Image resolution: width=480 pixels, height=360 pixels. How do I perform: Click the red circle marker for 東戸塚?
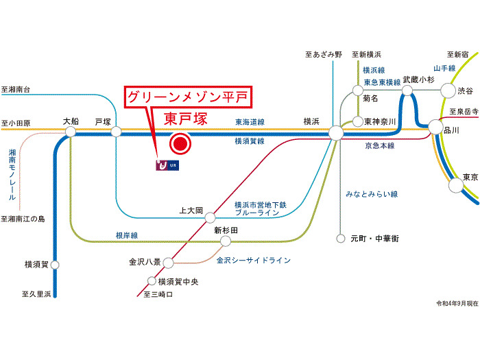pos(180,143)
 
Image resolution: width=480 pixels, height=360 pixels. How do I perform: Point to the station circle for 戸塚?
pos(116,131)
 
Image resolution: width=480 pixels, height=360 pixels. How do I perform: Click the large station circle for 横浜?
pos(336,133)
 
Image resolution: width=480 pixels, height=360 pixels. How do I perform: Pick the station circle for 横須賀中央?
pos(152,280)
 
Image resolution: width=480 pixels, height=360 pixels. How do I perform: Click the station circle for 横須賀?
pos(56,264)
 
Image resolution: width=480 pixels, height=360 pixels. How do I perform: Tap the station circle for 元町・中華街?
pos(339,239)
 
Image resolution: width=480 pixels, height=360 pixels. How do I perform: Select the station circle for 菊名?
pos(357,90)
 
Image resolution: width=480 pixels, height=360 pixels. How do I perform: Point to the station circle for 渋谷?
pos(447,90)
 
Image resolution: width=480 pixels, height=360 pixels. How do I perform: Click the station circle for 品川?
pos(435,126)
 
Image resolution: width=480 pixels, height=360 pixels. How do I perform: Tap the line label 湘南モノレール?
pos(12,174)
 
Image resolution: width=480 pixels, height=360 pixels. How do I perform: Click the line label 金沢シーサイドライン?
pos(253,261)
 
